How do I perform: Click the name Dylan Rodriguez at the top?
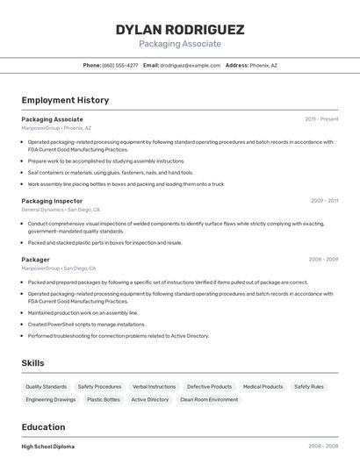click(x=179, y=29)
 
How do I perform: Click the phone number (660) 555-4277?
click(x=119, y=65)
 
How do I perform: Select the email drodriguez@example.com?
click(x=190, y=65)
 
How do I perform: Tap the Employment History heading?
click(x=65, y=100)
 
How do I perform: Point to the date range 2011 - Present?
click(x=321, y=118)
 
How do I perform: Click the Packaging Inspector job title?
click(x=52, y=201)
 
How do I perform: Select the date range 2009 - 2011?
click(x=324, y=201)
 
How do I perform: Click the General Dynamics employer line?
click(x=61, y=210)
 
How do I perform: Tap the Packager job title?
click(x=35, y=260)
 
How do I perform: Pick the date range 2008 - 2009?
click(x=323, y=260)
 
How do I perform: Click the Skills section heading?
click(x=32, y=363)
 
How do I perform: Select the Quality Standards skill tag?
click(x=46, y=386)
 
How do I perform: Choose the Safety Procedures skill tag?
click(x=99, y=386)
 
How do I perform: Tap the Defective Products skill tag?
click(x=209, y=386)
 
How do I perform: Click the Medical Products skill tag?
click(x=263, y=386)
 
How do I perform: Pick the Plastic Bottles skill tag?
click(x=103, y=399)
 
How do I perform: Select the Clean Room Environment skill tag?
click(x=209, y=399)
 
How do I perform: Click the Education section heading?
click(x=43, y=427)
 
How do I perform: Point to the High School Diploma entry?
click(x=47, y=447)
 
